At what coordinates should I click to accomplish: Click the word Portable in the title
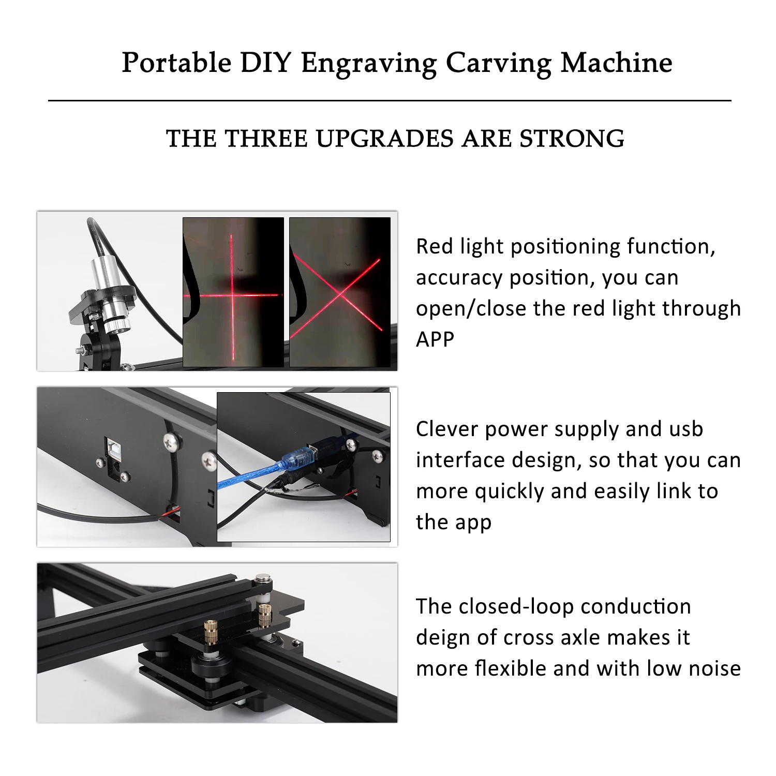(176, 63)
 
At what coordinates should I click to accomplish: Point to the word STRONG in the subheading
(572, 139)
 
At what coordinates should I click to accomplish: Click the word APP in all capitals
(435, 339)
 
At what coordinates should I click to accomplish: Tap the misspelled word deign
(443, 638)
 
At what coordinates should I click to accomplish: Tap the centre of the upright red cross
(232, 295)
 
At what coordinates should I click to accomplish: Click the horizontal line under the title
(390, 100)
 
